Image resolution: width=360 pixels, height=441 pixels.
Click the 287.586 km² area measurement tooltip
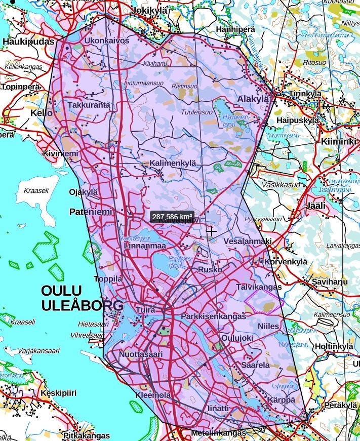(x=172, y=217)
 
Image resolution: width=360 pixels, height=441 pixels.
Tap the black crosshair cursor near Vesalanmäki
(x=212, y=231)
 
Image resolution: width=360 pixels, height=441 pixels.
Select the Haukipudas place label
(x=28, y=42)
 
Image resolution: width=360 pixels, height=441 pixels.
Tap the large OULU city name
(x=62, y=291)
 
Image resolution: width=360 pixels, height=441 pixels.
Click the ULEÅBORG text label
(x=82, y=305)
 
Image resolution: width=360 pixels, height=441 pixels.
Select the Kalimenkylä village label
(x=172, y=163)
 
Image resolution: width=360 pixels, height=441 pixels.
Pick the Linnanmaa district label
(x=145, y=246)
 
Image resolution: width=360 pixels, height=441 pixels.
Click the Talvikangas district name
(x=259, y=287)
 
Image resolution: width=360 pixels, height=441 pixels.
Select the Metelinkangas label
(x=218, y=433)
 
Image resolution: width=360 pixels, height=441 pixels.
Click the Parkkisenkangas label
(x=213, y=316)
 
